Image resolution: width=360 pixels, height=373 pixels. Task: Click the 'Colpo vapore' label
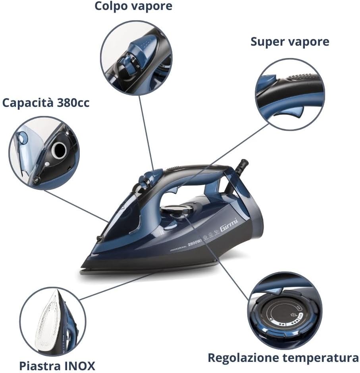(133, 7)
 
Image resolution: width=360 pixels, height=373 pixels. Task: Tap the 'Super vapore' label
(290, 42)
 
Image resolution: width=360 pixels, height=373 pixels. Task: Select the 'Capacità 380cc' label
(46, 103)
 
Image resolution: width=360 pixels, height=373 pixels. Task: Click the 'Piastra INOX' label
(57, 365)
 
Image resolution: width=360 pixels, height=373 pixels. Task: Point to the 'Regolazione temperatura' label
(283, 358)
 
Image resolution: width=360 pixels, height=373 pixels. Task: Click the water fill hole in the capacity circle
(59, 150)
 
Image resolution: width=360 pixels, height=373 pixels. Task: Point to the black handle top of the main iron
(198, 169)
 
